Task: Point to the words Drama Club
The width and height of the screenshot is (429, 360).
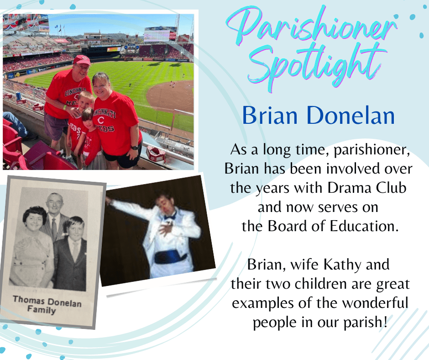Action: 367,188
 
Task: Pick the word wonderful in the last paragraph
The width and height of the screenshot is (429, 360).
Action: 375,303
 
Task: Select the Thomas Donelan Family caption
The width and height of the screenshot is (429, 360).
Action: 47,305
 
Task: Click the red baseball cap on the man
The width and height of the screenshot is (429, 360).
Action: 82,59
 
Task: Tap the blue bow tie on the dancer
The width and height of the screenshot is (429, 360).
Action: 170,217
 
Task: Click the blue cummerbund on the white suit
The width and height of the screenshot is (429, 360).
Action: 170,258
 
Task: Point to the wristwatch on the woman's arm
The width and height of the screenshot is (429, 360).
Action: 135,148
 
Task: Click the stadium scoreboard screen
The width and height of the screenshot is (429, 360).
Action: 157,35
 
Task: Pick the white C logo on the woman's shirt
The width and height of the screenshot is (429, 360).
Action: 101,120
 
